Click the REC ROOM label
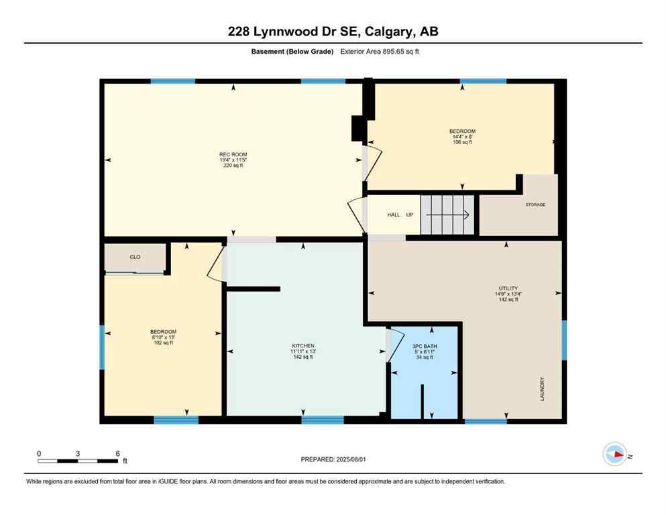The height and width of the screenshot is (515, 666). [234, 154]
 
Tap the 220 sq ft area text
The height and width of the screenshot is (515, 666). [234, 166]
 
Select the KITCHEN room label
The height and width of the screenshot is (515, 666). [303, 345]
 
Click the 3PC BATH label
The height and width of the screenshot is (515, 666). [423, 345]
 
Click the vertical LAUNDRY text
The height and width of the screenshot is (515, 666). [542, 388]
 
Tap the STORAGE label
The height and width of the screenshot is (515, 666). [535, 204]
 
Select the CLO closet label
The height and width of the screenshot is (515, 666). [134, 257]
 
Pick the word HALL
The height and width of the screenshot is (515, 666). [394, 215]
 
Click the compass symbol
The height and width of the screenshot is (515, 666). [614, 454]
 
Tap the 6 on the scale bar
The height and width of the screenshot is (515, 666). [117, 454]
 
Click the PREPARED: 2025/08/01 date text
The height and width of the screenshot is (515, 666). [333, 459]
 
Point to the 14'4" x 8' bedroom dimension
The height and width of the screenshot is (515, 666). [462, 137]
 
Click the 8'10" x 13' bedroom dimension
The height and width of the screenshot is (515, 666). [163, 337]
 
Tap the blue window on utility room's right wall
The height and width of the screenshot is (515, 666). [564, 339]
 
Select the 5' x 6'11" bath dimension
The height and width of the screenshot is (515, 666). [423, 351]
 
